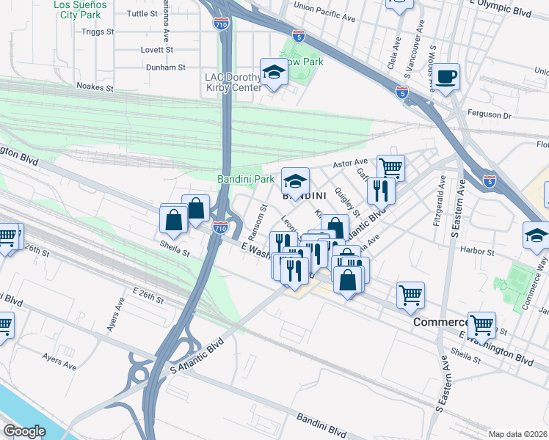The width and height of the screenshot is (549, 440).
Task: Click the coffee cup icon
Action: coord(445,76)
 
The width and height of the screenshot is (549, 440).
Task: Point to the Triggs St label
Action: coord(98,32)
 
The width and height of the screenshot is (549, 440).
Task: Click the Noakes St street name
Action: coord(95,87)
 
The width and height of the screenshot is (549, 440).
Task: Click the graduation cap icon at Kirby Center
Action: coord(273,72)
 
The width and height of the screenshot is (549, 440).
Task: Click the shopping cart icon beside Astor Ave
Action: coord(390,168)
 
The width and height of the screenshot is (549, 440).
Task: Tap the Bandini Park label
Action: coord(246,179)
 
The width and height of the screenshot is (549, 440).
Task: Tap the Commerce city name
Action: coord(440,323)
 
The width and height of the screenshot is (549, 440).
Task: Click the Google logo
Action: coord(24,431)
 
